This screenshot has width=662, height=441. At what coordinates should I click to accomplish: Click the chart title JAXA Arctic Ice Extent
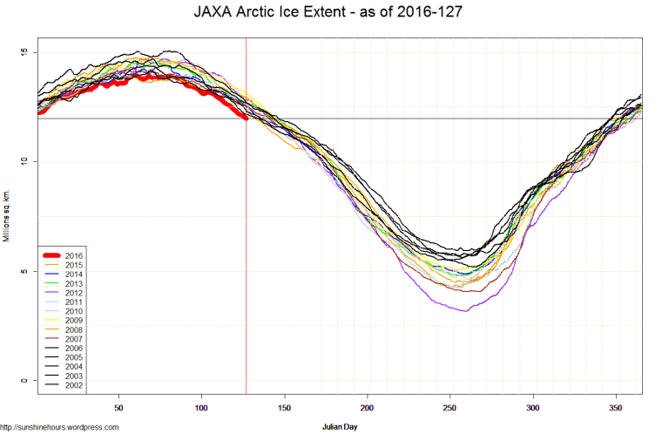point(330,14)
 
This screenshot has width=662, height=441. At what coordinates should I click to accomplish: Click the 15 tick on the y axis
point(24,52)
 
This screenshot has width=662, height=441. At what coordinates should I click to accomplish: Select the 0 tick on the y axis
point(24,380)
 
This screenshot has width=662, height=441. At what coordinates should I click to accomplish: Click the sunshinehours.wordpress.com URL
point(59,427)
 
